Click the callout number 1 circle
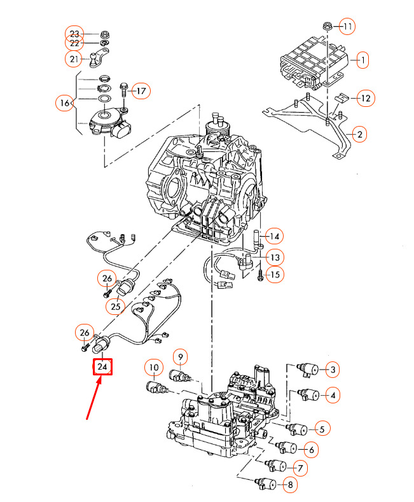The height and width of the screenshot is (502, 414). tap(362, 61)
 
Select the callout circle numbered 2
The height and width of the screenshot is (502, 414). tap(359, 134)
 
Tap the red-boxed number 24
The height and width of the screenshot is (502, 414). tap(103, 367)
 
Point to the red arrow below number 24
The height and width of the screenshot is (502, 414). tap(93, 398)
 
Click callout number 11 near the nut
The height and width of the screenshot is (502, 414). tap(347, 27)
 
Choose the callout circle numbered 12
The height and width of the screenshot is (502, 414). tap(364, 99)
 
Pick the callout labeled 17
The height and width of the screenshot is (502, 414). tap(141, 91)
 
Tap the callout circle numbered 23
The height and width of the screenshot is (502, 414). tap(75, 33)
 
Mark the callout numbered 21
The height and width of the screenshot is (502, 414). tap(75, 60)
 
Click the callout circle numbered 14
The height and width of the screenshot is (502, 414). tap(273, 237)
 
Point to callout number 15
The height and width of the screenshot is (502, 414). tap(274, 275)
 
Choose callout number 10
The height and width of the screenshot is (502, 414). tap(153, 367)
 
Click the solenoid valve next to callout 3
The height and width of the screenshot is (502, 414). tap(309, 370)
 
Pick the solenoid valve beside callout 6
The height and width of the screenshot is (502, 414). tap(287, 447)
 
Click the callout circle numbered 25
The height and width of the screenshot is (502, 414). tap(115, 307)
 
